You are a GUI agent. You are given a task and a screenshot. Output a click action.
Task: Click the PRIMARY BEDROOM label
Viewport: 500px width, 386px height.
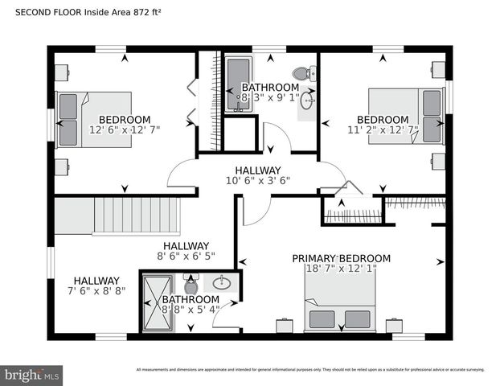click(x=341, y=258)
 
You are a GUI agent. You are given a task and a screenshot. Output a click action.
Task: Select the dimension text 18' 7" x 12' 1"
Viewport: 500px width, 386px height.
click(x=341, y=269)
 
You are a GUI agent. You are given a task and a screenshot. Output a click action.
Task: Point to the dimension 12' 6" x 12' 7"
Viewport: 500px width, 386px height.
click(x=125, y=129)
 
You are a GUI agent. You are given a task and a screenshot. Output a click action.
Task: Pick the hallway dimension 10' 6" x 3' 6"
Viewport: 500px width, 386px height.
click(x=257, y=181)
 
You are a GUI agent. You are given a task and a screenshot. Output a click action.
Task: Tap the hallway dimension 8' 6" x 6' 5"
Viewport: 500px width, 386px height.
click(x=186, y=257)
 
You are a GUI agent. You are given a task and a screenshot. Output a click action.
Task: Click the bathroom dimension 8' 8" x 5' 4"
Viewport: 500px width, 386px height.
click(x=191, y=310)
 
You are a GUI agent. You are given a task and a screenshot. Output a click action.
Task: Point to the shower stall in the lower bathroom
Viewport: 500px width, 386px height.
click(x=157, y=302)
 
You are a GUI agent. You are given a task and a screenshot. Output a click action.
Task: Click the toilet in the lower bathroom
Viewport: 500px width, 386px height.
click(x=191, y=285)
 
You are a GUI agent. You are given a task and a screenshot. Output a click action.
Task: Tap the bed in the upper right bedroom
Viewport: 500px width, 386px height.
click(x=407, y=116)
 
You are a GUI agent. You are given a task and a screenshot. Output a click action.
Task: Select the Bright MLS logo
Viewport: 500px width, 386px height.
click(x=32, y=375)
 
